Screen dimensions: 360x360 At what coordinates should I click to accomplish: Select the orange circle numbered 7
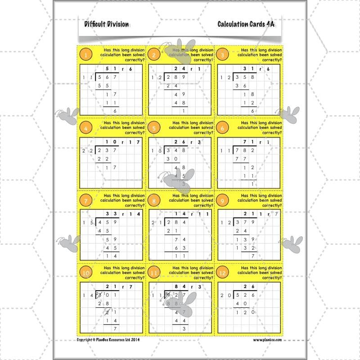[85, 200]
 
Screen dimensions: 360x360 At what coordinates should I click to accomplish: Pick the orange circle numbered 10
[85, 272]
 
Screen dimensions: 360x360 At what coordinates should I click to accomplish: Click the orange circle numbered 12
[224, 272]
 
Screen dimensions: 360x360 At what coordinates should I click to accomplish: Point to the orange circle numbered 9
[224, 200]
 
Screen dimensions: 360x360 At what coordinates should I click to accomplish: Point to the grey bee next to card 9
[293, 242]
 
